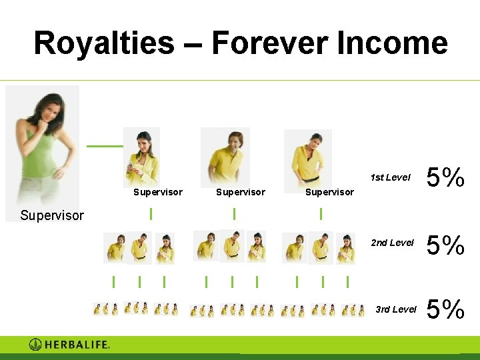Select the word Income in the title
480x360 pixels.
click(393, 43)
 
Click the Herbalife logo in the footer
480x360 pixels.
click(69, 345)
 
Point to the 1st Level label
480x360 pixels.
click(390, 177)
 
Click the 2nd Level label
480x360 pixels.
click(392, 243)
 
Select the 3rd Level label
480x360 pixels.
click(395, 309)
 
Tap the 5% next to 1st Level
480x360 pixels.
click(445, 178)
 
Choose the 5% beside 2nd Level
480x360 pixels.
click(445, 245)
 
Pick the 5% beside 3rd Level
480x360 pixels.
click(445, 309)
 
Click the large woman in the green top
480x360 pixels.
click(42, 144)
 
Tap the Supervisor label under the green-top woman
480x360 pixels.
click(52, 215)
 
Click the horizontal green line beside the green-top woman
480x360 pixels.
click(105, 146)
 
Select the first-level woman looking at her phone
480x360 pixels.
click(142, 157)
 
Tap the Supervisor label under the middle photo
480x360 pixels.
click(240, 192)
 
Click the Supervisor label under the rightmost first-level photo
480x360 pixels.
click(329, 192)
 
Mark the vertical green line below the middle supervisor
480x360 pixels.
click(234, 213)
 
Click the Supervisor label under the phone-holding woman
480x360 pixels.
click(158, 192)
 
